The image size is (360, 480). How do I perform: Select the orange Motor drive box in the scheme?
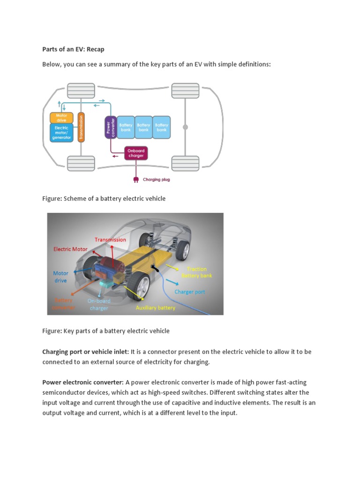coord(61,117)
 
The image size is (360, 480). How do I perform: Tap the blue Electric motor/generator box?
coord(61,132)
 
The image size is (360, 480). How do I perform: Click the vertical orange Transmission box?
coord(81,127)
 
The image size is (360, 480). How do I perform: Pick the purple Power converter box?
coord(110,127)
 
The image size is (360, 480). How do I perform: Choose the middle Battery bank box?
coord(143,127)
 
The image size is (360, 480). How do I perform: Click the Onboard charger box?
coord(135,153)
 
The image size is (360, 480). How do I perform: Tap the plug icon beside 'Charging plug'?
coord(135,179)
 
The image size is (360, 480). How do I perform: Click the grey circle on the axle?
coord(186,127)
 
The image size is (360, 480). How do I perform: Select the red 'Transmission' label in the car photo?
coord(110,240)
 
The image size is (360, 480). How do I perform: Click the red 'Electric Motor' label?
coord(70,249)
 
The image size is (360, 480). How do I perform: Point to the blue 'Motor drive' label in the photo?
coord(60,277)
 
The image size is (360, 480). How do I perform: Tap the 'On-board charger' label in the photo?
coord(99,305)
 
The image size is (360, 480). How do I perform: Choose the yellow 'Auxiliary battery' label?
coord(155,307)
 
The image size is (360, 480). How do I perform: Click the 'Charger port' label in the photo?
coord(190,292)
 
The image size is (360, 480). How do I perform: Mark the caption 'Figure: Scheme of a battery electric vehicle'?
coord(104,199)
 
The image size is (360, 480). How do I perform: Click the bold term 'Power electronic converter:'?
coord(82,382)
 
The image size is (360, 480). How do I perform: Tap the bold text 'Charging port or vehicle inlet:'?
coord(85,352)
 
